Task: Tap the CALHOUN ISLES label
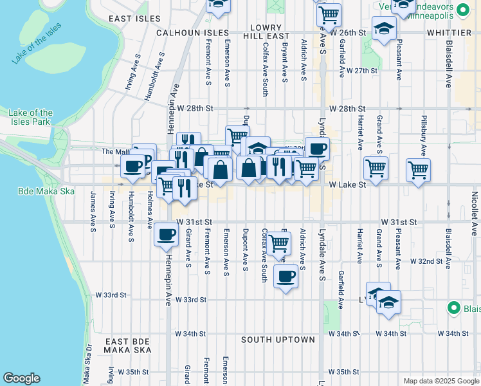192,32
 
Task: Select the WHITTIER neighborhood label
448,32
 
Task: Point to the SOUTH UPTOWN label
278,340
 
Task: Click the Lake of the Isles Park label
31,117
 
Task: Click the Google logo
21,378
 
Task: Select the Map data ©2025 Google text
440,381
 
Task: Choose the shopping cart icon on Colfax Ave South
278,243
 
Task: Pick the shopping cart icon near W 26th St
329,14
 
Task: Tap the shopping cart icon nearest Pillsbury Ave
418,170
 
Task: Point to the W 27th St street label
359,70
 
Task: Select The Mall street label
116,152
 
